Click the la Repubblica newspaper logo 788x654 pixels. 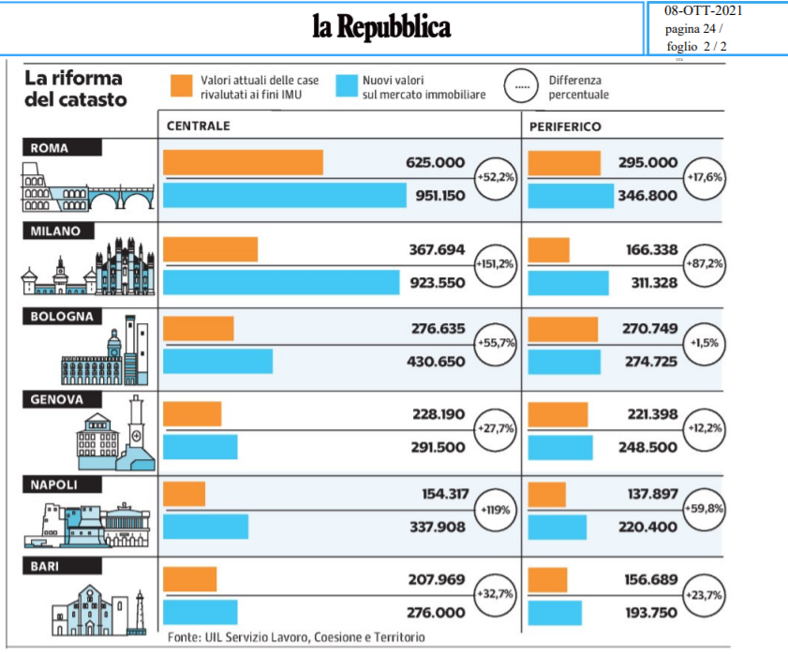pos(381,26)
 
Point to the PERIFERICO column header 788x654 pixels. pos(565,126)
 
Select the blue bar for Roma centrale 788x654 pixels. pos(285,195)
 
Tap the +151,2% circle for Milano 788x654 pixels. pos(497,264)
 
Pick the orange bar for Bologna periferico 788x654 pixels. pos(563,330)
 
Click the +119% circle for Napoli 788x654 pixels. pos(497,512)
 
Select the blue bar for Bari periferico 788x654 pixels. pos(554,612)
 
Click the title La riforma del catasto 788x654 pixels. pos(75,87)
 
